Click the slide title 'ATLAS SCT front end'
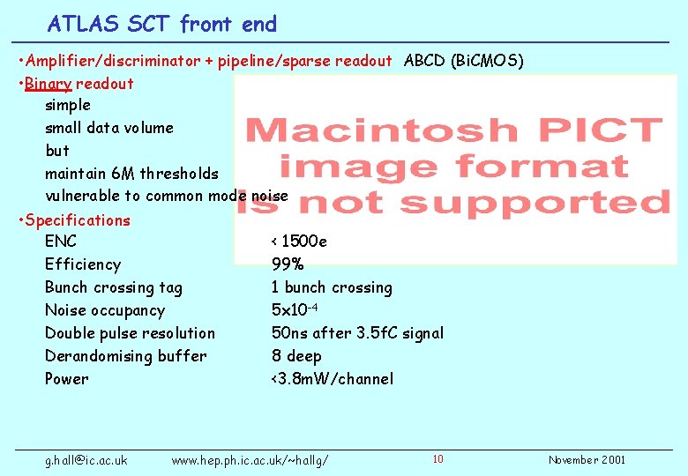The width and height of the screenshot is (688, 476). click(x=162, y=24)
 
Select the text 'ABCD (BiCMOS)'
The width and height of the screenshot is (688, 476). click(x=463, y=61)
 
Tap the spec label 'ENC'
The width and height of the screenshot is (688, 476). click(x=61, y=242)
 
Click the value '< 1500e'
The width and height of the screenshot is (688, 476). click(x=299, y=242)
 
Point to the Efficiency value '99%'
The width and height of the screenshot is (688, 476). click(x=288, y=264)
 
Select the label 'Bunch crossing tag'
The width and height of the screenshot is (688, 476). click(x=114, y=287)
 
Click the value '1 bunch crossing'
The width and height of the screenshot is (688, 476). click(x=332, y=287)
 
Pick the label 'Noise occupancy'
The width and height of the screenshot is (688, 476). click(x=105, y=310)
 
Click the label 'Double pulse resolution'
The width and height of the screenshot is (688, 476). click(x=130, y=333)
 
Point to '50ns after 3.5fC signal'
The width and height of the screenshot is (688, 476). click(x=357, y=333)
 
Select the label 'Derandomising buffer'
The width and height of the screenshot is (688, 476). click(x=126, y=356)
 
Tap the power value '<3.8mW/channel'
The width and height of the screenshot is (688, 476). click(x=333, y=379)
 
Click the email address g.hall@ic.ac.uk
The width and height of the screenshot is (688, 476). click(x=86, y=460)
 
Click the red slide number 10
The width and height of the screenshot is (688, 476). click(x=438, y=458)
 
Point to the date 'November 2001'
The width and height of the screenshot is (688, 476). click(x=587, y=460)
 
